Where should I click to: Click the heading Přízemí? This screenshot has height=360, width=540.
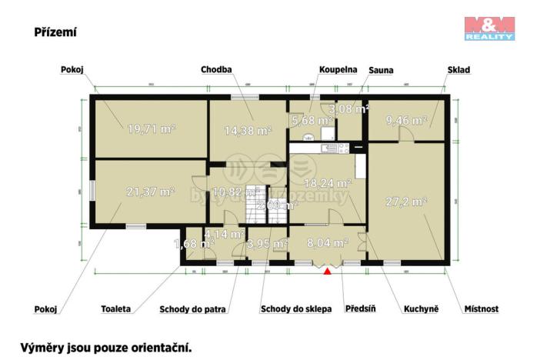(x=55, y=32)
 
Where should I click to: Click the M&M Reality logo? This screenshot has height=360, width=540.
(x=489, y=28)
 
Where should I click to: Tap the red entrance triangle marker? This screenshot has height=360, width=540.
(x=328, y=269)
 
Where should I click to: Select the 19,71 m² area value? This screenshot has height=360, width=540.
(x=150, y=129)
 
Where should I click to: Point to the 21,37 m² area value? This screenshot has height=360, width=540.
(x=150, y=192)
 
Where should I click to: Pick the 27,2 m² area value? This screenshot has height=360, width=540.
(x=405, y=202)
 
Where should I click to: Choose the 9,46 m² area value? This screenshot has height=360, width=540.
(x=406, y=121)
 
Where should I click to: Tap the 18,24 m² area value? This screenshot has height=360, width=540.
(x=328, y=184)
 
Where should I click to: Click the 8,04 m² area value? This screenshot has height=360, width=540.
(x=327, y=242)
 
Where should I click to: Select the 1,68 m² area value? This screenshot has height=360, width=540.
(x=194, y=245)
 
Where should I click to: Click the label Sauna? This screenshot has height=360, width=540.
(x=380, y=70)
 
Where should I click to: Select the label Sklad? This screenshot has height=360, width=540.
(x=458, y=70)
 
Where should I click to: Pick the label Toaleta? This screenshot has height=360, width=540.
(x=115, y=309)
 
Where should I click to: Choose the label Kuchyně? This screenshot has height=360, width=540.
(x=421, y=309)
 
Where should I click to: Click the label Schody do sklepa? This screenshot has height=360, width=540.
(x=296, y=309)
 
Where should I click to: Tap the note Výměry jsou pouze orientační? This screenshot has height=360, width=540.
(x=105, y=347)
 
